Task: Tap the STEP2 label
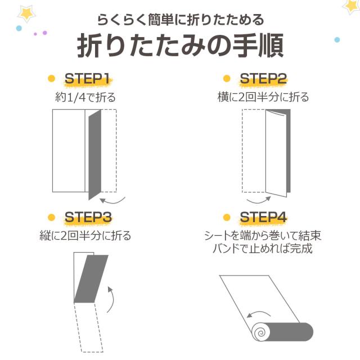click(x=263, y=79)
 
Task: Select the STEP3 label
click(x=88, y=217)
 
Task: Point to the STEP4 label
click(x=263, y=217)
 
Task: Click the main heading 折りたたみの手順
click(x=180, y=46)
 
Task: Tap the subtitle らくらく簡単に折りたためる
click(x=180, y=20)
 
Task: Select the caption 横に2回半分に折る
click(x=263, y=97)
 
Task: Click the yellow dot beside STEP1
click(x=51, y=79)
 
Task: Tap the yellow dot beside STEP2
click(x=227, y=79)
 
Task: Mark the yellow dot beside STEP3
click(x=51, y=217)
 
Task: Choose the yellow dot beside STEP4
click(x=227, y=217)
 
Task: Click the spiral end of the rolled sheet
click(x=262, y=331)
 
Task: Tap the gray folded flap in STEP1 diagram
click(x=94, y=155)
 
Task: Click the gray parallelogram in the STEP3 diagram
click(x=91, y=279)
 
